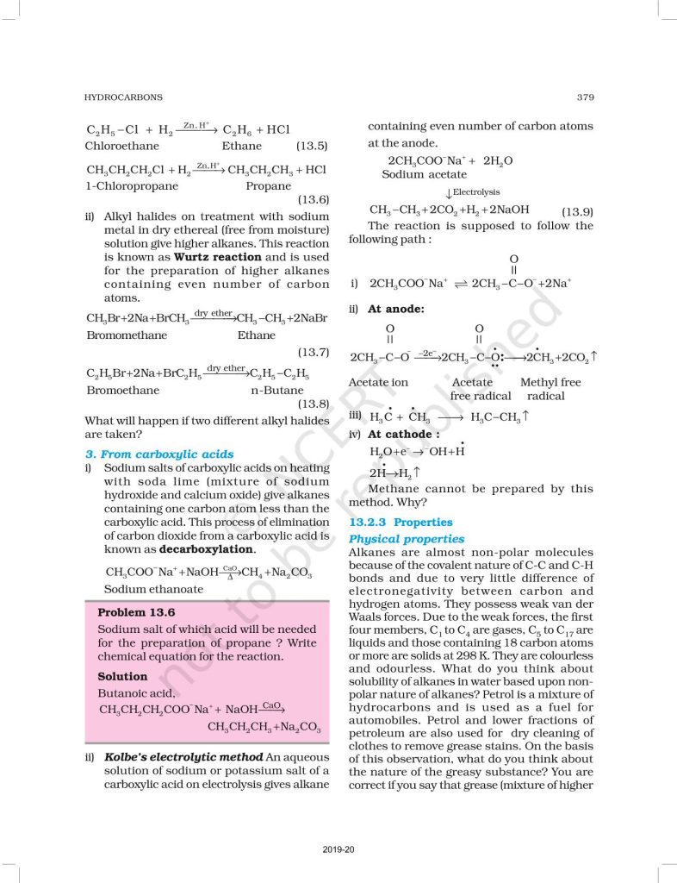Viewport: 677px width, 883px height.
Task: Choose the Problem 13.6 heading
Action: click(x=136, y=611)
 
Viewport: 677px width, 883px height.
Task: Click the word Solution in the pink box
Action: click(x=122, y=676)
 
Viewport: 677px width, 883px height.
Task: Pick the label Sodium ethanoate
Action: click(x=153, y=589)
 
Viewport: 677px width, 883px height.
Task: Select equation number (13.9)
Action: click(x=576, y=210)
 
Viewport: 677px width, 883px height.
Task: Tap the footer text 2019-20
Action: click(x=338, y=849)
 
